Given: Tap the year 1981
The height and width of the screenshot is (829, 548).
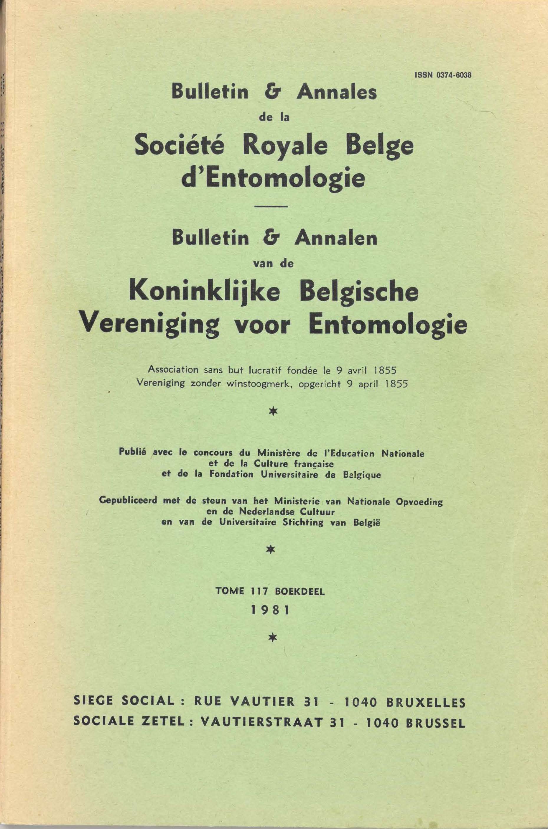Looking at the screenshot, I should (271, 610).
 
